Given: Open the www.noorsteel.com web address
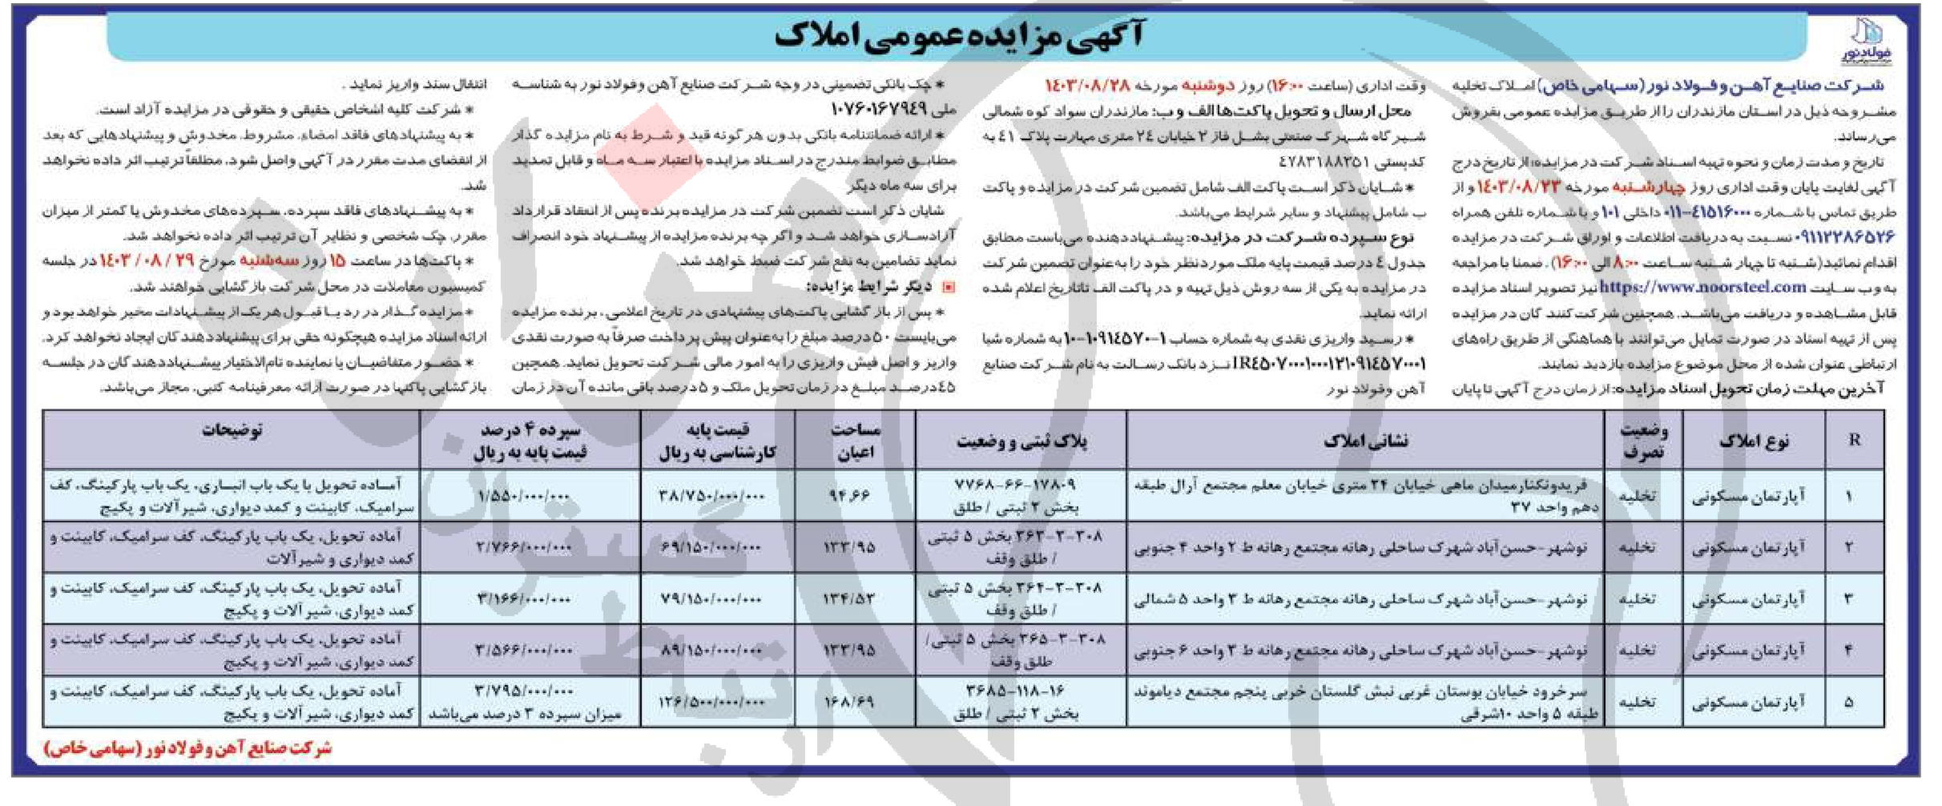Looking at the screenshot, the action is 1750,287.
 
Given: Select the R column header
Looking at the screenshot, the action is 1854,440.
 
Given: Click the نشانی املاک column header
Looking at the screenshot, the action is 1365,440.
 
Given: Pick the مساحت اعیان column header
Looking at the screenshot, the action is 855,440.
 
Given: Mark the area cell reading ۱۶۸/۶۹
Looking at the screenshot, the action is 849,702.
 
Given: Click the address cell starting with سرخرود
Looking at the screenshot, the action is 1365,702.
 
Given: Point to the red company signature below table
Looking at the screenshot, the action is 187,748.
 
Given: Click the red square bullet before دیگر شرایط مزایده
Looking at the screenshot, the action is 949,288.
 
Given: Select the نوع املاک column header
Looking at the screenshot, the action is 1753,440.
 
